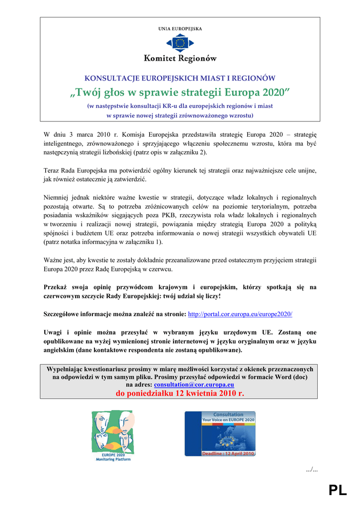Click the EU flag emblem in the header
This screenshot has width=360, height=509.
pos(180,43)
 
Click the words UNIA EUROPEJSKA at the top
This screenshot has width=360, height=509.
pos(180,29)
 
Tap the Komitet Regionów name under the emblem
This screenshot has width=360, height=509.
pos(180,59)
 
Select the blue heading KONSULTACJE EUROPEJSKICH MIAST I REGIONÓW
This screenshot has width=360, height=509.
pos(180,78)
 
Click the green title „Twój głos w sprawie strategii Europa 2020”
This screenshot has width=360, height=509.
pos(180,92)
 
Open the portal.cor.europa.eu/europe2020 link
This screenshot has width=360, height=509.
pos(240,314)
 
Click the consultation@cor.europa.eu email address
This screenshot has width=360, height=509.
pos(194,384)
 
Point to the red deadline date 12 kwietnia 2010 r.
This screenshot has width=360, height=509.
pos(180,393)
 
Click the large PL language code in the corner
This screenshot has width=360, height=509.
pos(338,491)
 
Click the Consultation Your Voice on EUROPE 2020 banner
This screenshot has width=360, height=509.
pos(220,433)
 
